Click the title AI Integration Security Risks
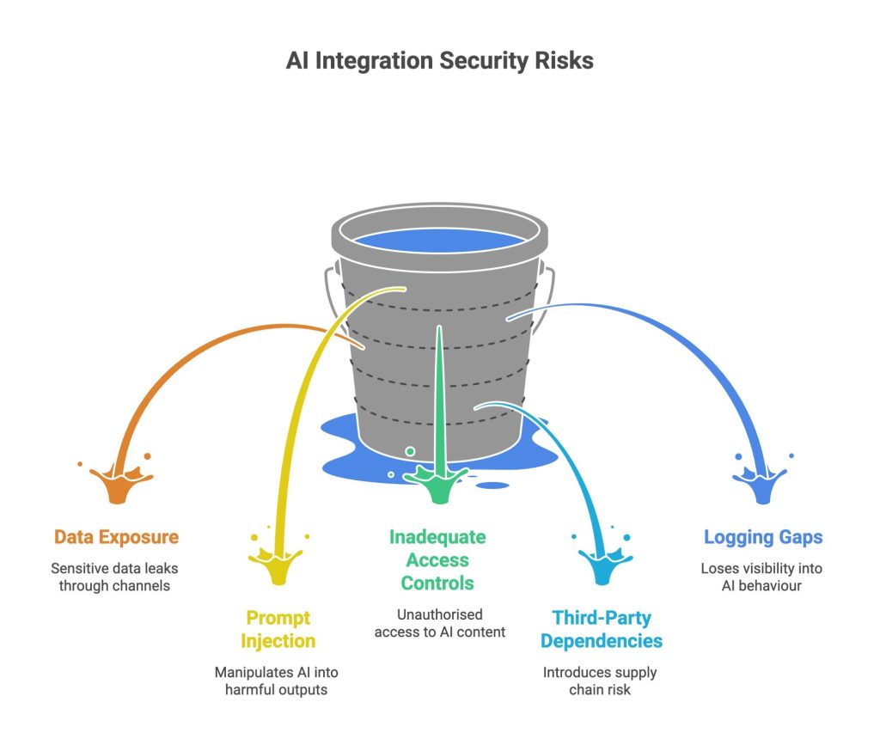439,61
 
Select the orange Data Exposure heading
116,537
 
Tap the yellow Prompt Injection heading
278,630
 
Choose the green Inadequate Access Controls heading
437,560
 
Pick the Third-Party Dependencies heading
602,630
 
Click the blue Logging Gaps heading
763,537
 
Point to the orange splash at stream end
119,481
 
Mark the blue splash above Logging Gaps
761,480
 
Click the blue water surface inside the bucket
439,241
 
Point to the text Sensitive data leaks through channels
114,577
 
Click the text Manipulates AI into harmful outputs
276,681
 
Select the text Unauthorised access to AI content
439,623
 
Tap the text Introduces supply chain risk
599,681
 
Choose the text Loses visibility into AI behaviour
761,577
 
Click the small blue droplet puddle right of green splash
492,485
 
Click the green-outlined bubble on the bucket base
410,451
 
